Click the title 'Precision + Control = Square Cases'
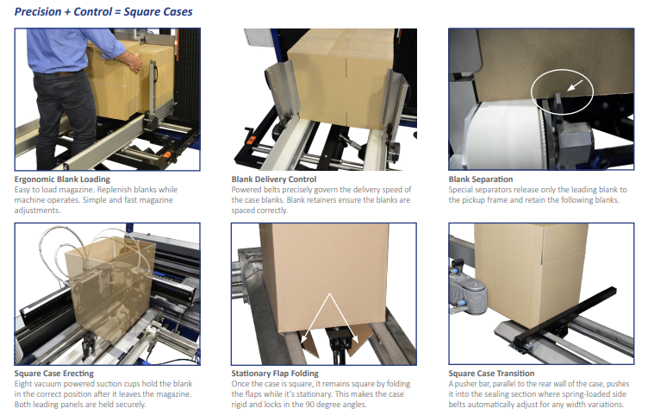coord(103,11)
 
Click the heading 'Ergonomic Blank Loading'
coord(62,179)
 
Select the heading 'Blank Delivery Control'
coord(274,179)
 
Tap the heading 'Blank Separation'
coord(481,179)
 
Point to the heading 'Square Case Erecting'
coord(54,374)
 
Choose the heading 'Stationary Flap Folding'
coord(275,374)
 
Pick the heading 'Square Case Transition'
coord(491,374)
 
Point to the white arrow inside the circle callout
coord(576,85)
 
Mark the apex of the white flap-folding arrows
coord(329,293)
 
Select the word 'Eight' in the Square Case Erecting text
coord(23,384)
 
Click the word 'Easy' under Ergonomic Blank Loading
coord(22,190)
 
